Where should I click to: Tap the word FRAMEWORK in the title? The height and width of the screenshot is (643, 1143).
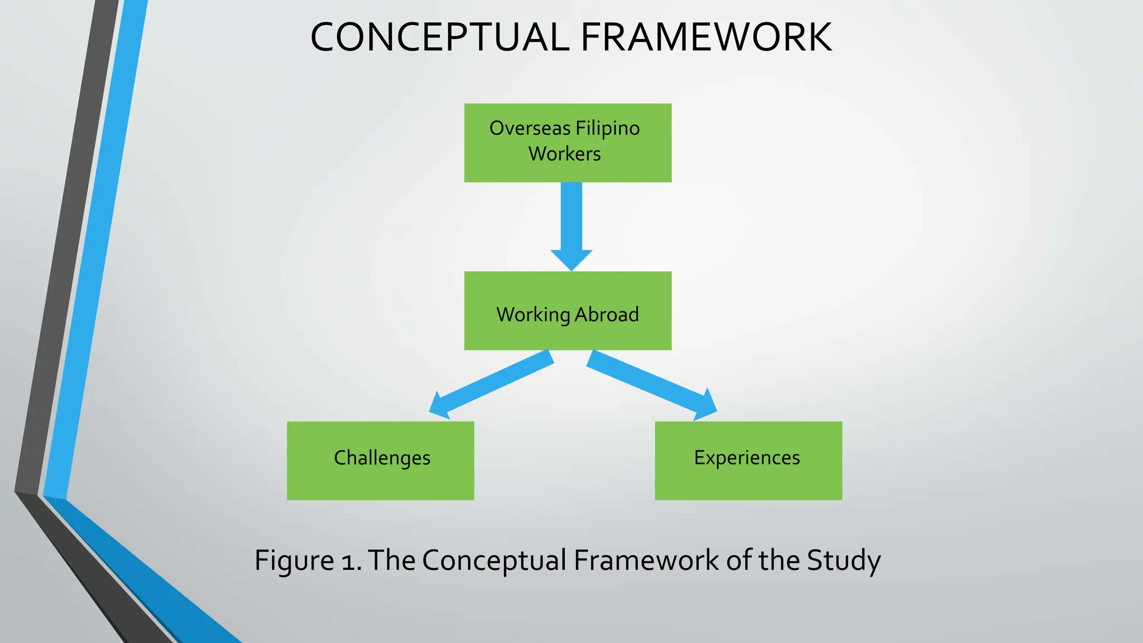706,38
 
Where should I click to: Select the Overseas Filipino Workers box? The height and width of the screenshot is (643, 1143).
568,142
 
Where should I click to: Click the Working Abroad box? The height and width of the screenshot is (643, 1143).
568,311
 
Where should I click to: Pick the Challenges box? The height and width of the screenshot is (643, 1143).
380,460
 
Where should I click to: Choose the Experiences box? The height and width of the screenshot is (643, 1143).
748,460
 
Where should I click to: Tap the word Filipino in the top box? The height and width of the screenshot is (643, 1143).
607,129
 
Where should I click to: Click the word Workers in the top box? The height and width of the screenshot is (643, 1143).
564,154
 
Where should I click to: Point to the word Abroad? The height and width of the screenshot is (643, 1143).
607,315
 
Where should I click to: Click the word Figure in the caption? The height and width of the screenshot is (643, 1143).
294,560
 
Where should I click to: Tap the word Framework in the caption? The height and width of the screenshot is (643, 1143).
646,560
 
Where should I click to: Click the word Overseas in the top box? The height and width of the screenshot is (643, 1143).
530,129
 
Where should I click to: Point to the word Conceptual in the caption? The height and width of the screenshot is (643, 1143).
494,560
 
